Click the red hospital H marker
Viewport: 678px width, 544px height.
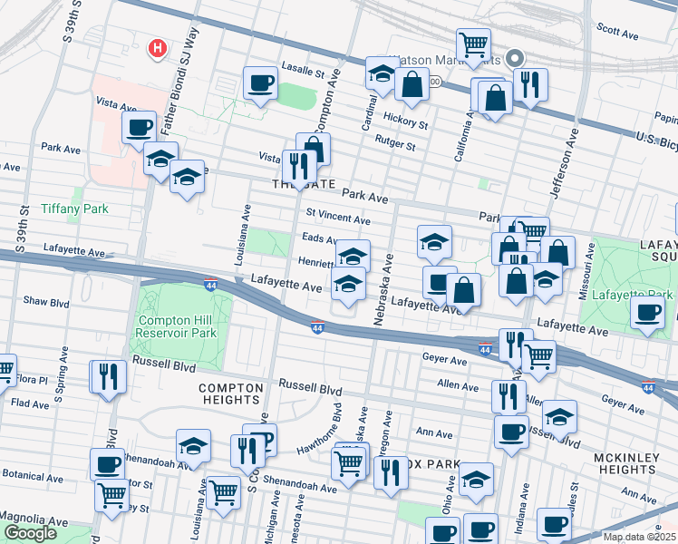159,48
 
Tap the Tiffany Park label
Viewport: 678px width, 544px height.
74,209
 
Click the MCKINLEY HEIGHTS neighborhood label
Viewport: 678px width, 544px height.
625,464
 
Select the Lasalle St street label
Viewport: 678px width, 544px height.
302,70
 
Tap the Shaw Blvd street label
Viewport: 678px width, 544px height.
46,301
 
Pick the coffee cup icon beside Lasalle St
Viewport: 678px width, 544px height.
261,83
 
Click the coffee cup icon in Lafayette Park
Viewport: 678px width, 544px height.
648,313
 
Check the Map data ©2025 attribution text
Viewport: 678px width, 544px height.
638,537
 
